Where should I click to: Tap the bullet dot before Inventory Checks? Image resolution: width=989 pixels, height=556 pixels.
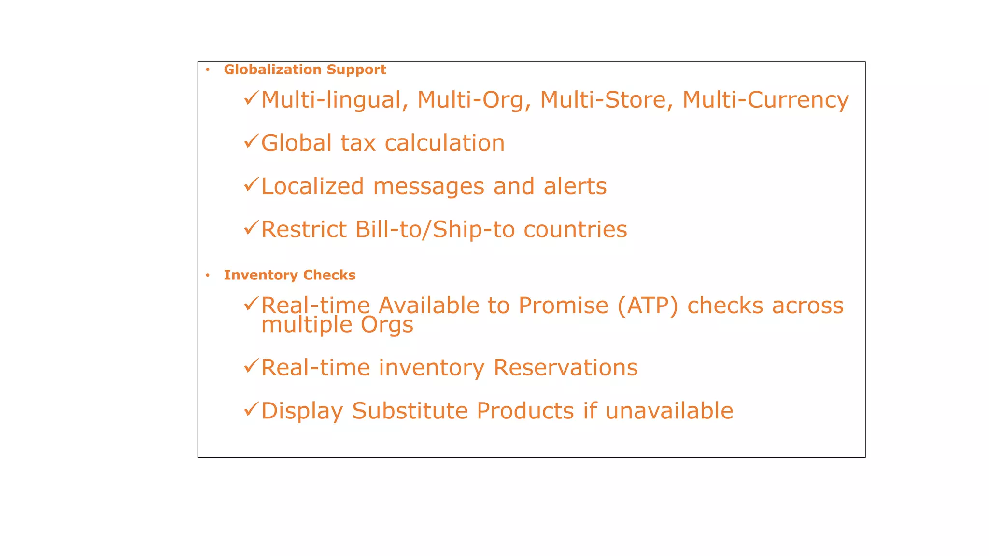[208, 276]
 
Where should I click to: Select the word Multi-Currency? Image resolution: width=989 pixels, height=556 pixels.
[765, 100]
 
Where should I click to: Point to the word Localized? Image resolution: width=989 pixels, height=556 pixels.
[312, 186]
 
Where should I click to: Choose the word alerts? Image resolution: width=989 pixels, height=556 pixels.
[575, 186]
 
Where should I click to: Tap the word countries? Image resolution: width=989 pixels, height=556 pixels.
[575, 230]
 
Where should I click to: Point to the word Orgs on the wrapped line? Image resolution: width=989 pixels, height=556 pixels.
[387, 325]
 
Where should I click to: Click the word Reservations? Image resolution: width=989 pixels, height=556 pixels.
[565, 368]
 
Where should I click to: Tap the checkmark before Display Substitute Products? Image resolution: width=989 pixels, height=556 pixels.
[251, 409]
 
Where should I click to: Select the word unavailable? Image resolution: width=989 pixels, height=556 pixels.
[669, 411]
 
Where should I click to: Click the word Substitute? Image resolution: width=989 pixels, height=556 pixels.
[410, 411]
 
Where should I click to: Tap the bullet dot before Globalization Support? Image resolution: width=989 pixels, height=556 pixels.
[208, 70]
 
